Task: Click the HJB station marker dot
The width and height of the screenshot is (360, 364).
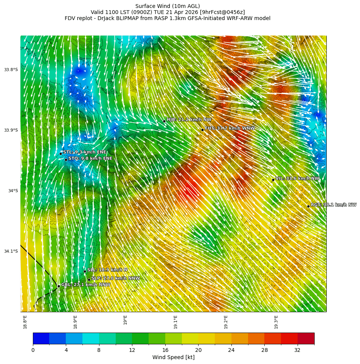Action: click(164, 121)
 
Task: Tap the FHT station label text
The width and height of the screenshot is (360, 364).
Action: click(230, 129)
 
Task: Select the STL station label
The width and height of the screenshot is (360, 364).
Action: click(84, 152)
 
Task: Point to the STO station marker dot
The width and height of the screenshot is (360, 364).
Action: click(66, 160)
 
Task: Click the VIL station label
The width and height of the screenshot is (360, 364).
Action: click(297, 179)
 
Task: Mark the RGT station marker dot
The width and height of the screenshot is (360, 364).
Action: click(308, 206)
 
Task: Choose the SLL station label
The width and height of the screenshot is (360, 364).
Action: click(107, 270)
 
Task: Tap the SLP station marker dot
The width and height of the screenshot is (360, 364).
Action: click(89, 280)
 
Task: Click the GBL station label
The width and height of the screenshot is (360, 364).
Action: click(85, 285)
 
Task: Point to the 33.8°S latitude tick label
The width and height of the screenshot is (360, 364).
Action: click(11, 70)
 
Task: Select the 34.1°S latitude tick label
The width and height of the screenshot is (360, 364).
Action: click(11, 251)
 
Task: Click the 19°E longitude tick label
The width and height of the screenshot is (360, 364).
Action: click(126, 320)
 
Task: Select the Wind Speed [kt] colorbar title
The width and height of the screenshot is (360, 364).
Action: click(173, 358)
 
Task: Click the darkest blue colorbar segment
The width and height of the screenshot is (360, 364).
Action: click(41, 338)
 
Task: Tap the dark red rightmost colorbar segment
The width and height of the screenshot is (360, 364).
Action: click(306, 338)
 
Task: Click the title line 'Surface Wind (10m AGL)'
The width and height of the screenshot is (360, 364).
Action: click(168, 6)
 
